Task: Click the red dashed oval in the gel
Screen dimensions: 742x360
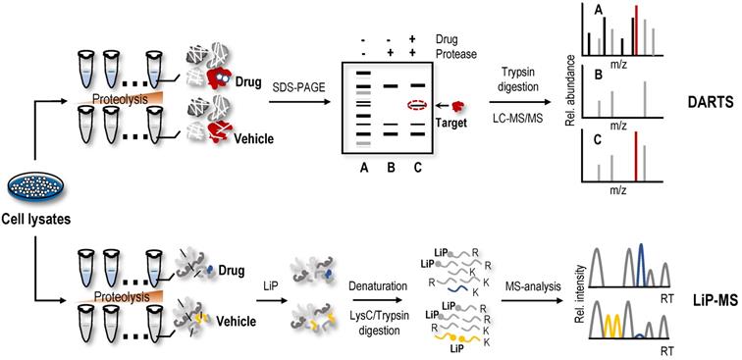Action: pyautogui.click(x=417, y=105)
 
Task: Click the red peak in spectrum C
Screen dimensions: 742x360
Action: pyautogui.click(x=636, y=156)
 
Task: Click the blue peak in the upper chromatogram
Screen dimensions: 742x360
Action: pyautogui.click(x=640, y=265)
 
